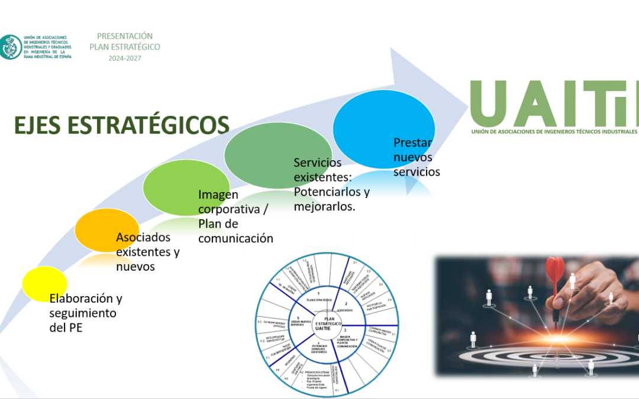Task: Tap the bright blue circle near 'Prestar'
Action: click(x=383, y=128)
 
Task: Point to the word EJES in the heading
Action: click(x=38, y=125)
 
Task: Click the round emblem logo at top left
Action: click(x=10, y=47)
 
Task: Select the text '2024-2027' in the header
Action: click(x=124, y=58)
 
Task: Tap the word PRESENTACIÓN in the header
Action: click(x=125, y=36)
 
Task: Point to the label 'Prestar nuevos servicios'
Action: click(x=416, y=157)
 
